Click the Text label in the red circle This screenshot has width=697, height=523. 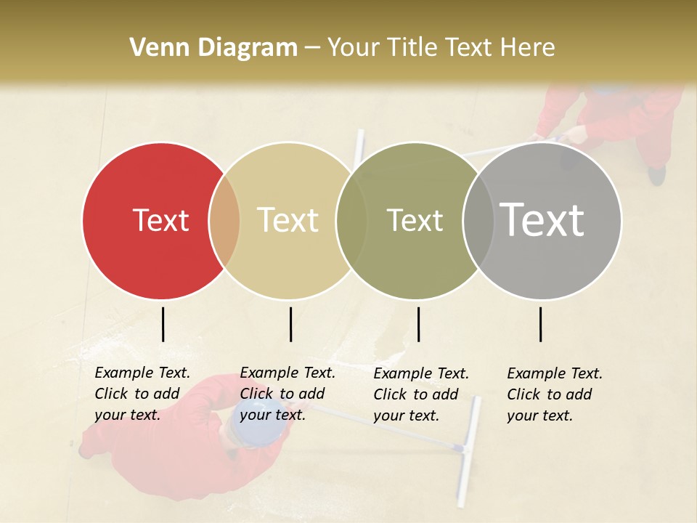tap(160, 220)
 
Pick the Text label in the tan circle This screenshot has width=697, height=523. tap(288, 220)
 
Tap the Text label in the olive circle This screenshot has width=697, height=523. tap(415, 220)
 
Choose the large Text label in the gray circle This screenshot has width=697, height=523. tap(542, 220)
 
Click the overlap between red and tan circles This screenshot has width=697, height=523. tap(224, 221)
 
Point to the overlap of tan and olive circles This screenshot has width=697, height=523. tap(351, 221)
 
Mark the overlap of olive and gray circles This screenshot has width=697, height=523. tap(478, 221)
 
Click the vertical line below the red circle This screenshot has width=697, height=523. tap(163, 324)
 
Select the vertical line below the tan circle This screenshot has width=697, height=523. tap(290, 324)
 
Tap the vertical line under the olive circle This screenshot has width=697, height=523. tap(418, 324)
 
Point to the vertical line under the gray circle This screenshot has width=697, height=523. tap(540, 324)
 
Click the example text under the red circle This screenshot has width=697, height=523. tap(142, 394)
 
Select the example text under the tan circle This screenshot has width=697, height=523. tap(287, 394)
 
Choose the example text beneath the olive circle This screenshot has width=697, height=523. tap(420, 394)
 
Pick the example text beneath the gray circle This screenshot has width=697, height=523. tap(554, 394)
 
